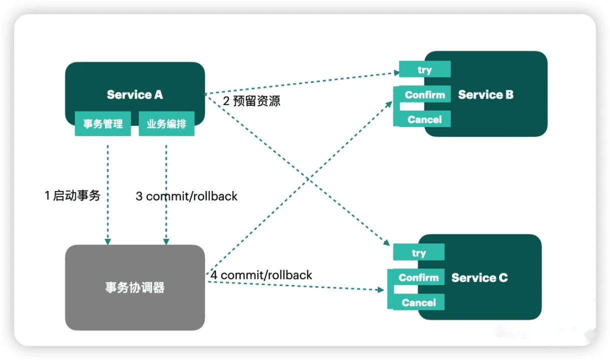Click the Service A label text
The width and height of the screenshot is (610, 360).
135,94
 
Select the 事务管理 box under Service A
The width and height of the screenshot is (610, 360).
103,123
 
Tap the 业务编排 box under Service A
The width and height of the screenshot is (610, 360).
167,123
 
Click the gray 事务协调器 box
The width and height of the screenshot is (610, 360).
135,287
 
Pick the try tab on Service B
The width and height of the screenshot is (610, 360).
425,69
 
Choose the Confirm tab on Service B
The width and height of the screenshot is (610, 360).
425,94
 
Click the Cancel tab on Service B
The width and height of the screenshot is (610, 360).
425,119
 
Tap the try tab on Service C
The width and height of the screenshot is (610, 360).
419,252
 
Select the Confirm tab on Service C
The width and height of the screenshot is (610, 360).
419,277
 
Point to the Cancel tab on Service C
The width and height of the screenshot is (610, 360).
419,302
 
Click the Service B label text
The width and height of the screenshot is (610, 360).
485,94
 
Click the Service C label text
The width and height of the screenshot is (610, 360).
479,278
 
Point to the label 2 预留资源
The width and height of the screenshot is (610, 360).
251,101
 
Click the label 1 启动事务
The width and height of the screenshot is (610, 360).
73,195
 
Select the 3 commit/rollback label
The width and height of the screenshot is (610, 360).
187,196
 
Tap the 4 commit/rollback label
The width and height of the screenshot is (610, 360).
261,275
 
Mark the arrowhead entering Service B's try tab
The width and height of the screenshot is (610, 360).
396,72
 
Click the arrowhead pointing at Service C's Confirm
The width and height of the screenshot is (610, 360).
380,290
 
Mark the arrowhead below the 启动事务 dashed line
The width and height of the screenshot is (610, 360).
108,241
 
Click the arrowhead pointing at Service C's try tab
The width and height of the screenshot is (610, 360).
386,242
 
